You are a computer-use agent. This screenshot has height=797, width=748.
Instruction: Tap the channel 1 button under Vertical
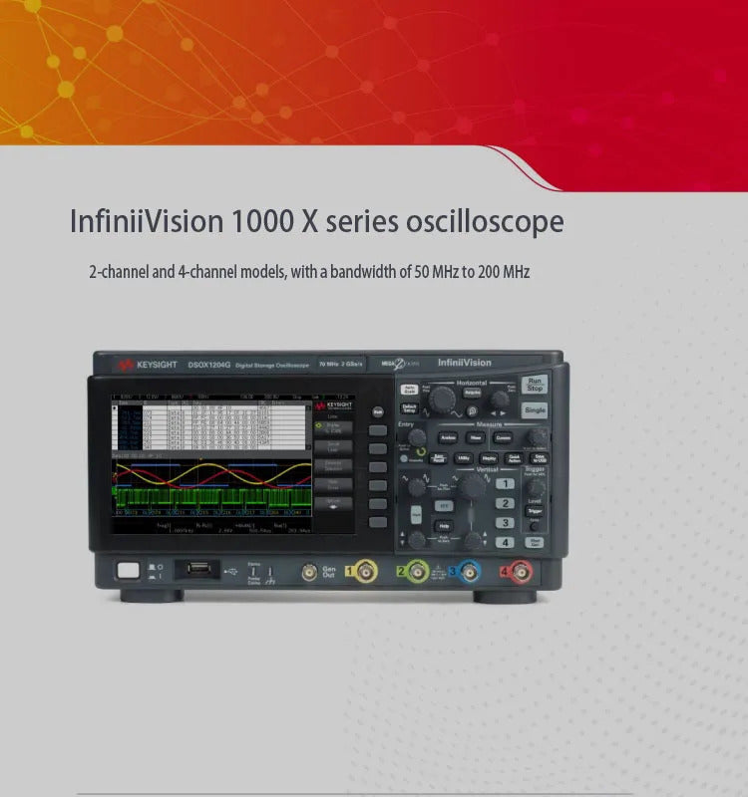(506, 484)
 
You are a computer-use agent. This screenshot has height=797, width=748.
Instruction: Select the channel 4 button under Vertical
(506, 542)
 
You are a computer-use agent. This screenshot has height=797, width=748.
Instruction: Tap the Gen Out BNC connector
(309, 572)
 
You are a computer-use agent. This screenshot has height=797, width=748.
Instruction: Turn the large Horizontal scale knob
(441, 399)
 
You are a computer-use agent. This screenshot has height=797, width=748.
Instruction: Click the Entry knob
(417, 436)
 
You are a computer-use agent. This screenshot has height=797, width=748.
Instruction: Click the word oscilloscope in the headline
(485, 221)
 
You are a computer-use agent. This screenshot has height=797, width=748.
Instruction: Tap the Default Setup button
(409, 408)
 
